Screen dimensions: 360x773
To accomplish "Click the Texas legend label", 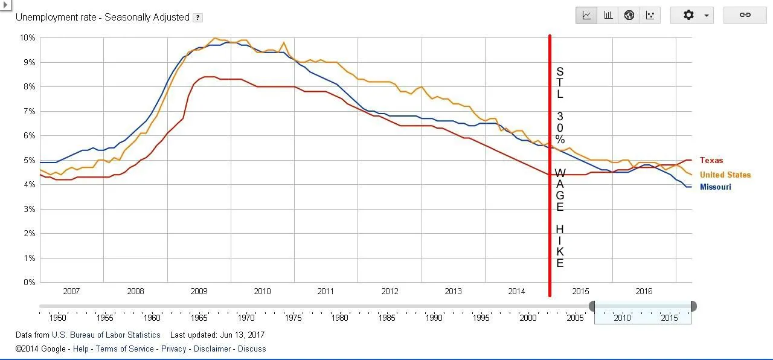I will (711, 161).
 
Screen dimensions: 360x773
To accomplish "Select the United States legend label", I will (725, 175).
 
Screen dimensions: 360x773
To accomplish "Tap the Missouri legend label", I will (716, 187).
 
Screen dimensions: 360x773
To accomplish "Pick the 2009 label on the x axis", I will (199, 291).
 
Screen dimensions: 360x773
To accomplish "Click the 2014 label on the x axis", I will (516, 291).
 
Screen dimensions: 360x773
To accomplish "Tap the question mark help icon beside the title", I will (197, 18).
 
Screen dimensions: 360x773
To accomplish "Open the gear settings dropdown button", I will (692, 15).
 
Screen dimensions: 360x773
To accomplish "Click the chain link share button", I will (745, 15).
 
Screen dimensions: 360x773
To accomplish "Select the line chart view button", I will (586, 15).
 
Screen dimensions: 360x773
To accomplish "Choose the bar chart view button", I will (608, 15).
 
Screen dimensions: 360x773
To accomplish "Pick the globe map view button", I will (629, 15).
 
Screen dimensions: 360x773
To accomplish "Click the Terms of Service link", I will (124, 349).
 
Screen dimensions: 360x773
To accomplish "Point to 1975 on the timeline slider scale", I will (292, 318).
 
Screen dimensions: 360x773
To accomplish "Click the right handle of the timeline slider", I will (693, 306).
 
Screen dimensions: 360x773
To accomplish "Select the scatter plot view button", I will (650, 15).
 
